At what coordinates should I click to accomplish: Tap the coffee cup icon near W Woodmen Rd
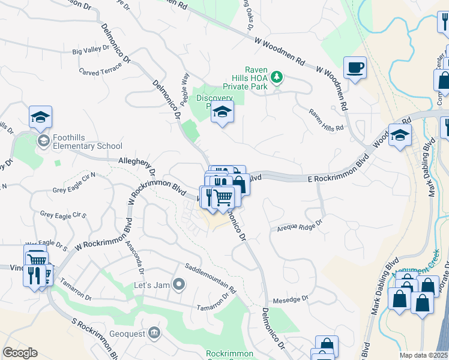pyautogui.click(x=354, y=67)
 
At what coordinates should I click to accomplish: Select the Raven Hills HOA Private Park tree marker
pyautogui.click(x=276, y=77)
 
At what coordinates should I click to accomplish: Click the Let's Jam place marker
pyautogui.click(x=178, y=283)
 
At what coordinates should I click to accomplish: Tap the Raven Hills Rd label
pyautogui.click(x=326, y=120)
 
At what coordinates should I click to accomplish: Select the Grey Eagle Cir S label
pyautogui.click(x=63, y=214)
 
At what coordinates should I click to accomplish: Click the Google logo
pyautogui.click(x=20, y=353)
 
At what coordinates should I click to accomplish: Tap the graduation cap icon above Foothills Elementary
pyautogui.click(x=40, y=116)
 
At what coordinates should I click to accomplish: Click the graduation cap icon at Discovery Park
pyautogui.click(x=222, y=110)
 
